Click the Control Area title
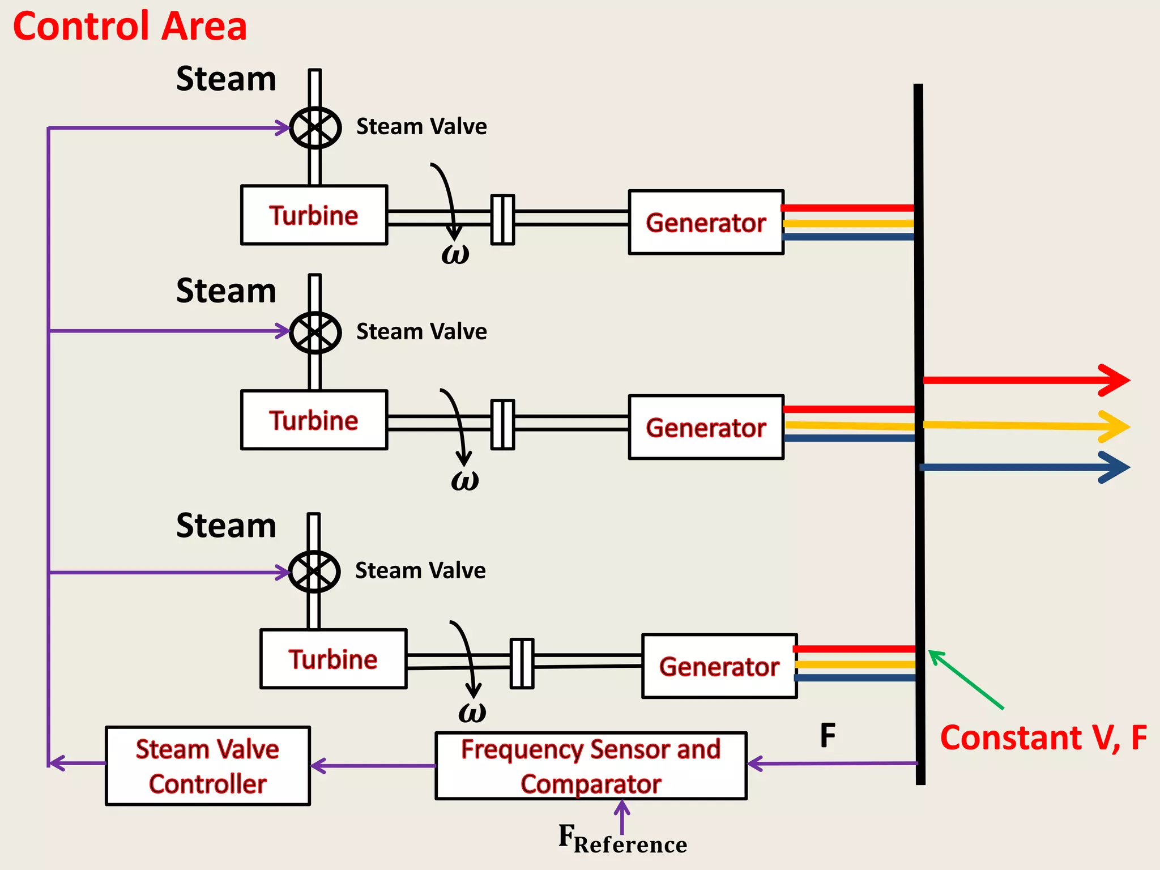(130, 27)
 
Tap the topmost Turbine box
(314, 215)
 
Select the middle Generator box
(706, 428)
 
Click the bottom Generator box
(719, 667)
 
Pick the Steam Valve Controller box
(208, 766)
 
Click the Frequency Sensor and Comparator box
(591, 766)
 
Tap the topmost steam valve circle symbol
(315, 127)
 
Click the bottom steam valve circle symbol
(314, 572)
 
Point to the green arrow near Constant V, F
(965, 679)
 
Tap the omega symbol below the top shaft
(455, 253)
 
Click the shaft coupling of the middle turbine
(502, 424)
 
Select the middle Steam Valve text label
(421, 331)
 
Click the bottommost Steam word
(226, 526)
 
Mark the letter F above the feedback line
(828, 736)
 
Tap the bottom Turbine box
(334, 659)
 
